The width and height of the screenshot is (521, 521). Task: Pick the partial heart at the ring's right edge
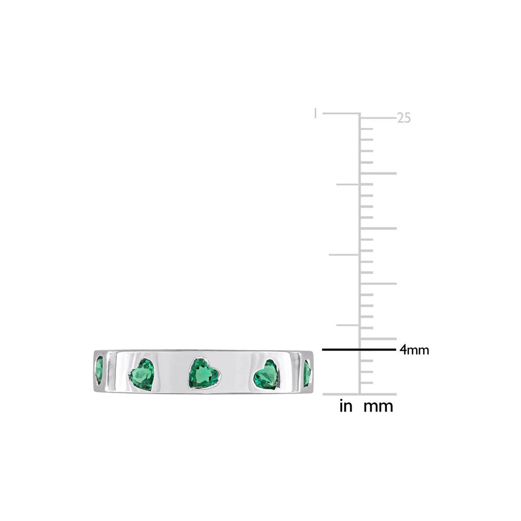[x=307, y=373]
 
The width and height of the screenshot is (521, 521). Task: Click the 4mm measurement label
[x=414, y=350]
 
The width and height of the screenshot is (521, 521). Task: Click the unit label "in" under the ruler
[x=346, y=406]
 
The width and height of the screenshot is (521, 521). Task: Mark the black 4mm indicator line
[x=358, y=349]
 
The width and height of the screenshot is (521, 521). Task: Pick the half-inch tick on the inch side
[x=344, y=254]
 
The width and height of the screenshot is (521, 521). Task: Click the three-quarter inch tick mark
[x=347, y=184]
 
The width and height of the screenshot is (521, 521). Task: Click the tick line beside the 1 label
[x=340, y=114]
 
